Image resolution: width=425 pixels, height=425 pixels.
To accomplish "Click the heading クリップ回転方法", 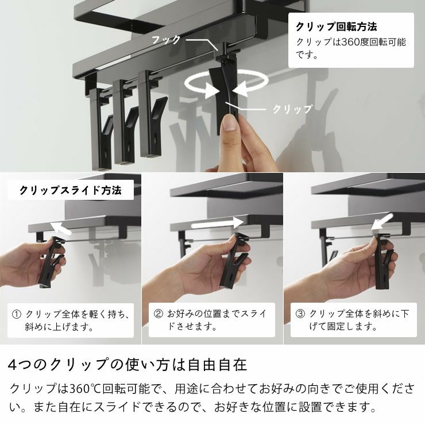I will click(x=336, y=27).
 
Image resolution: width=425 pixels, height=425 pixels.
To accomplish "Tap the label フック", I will click(x=166, y=40).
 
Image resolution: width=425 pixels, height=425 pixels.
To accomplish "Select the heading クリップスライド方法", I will click(x=70, y=191).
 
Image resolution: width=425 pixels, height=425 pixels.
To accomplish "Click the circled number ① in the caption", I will click(x=17, y=315).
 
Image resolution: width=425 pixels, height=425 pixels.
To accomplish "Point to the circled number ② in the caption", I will click(x=159, y=315).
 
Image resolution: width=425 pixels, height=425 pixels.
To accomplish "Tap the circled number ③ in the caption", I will click(x=300, y=315).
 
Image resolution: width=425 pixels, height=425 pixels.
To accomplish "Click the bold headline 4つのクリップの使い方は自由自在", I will click(x=127, y=365).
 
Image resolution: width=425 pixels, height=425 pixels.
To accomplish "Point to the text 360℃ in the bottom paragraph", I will click(x=84, y=389).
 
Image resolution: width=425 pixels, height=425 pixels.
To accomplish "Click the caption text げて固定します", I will click(x=343, y=327).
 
